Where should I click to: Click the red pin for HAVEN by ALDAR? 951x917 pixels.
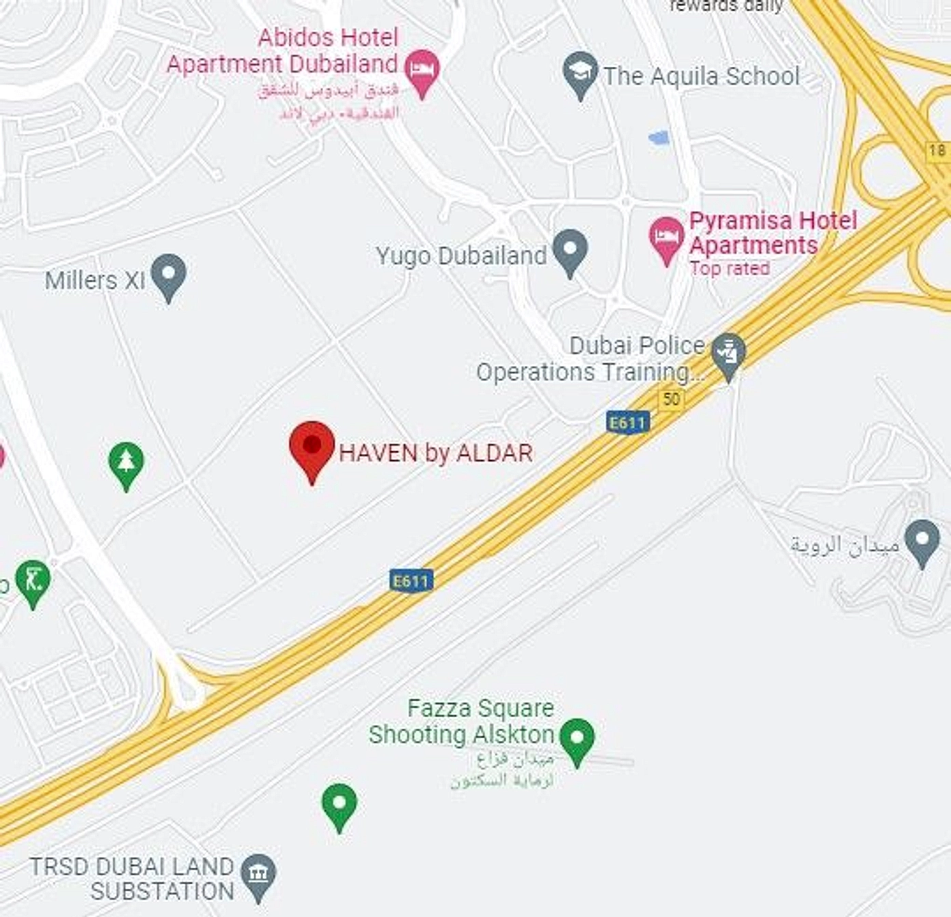[x=312, y=446]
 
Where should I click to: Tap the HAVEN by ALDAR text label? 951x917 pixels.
[x=435, y=453]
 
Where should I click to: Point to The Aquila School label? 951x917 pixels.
[x=701, y=76]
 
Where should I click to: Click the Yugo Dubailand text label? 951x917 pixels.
[x=461, y=256]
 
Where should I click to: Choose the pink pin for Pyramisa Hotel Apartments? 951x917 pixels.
[x=666, y=238]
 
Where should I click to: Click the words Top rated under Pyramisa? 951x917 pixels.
[x=729, y=268]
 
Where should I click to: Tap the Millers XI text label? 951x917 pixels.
[x=95, y=280]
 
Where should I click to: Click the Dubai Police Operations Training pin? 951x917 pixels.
[x=728, y=354]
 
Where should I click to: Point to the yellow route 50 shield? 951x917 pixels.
[x=671, y=399]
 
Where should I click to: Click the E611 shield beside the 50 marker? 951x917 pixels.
[x=627, y=423]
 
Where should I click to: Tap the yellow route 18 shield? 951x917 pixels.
[x=937, y=150]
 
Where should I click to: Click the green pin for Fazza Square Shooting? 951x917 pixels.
[x=577, y=739]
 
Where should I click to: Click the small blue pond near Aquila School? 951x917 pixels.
[x=659, y=139]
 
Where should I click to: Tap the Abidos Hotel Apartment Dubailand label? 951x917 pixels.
[x=282, y=51]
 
